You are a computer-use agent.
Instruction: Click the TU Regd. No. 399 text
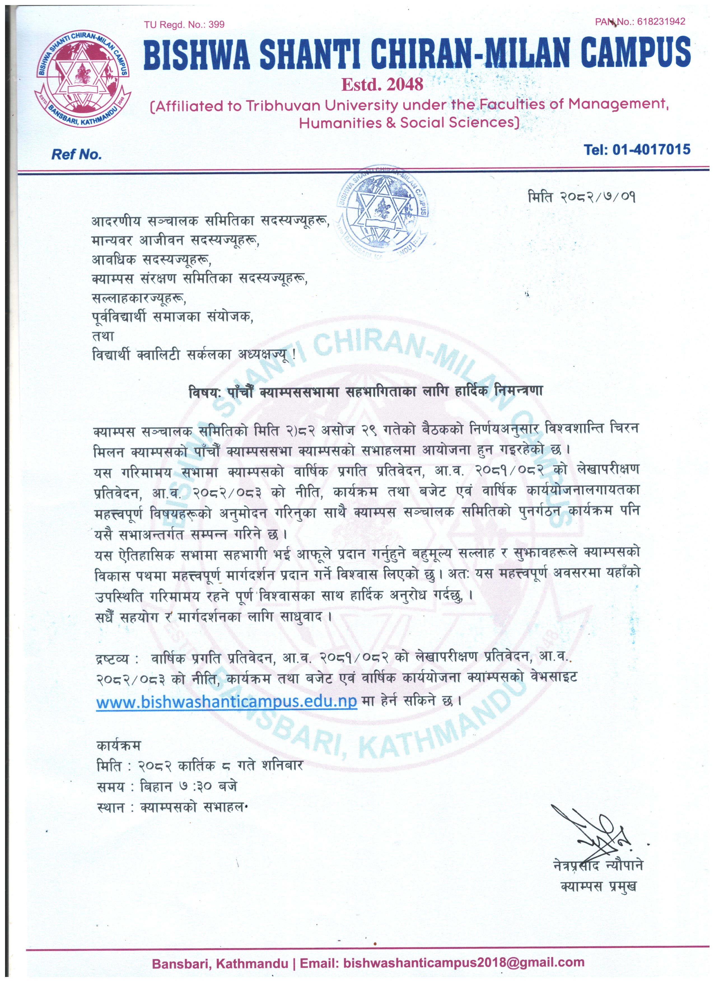pyautogui.click(x=185, y=25)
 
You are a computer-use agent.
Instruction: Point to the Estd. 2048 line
pyautogui.click(x=382, y=84)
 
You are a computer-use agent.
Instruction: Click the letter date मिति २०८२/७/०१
pyautogui.click(x=582, y=197)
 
